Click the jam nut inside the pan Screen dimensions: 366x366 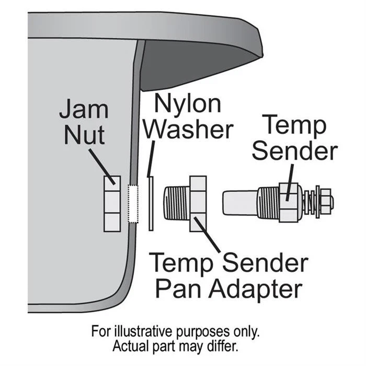pyautogui.click(x=112, y=204)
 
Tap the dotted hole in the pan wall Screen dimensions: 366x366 pyautogui.click(x=133, y=204)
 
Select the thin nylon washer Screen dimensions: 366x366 pyautogui.click(x=151, y=203)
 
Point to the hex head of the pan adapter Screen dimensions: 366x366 pyautogui.click(x=198, y=204)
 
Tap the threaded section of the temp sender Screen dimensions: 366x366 pyautogui.click(x=268, y=202)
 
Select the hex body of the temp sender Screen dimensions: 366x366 pyautogui.click(x=289, y=203)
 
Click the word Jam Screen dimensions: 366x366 pyautogui.click(x=84, y=109)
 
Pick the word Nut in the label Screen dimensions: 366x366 pyautogui.click(x=85, y=135)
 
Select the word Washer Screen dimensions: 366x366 pyautogui.click(x=189, y=129)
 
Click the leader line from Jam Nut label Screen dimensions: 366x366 pyautogui.click(x=102, y=167)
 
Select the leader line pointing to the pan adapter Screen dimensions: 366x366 pyautogui.click(x=207, y=235)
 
